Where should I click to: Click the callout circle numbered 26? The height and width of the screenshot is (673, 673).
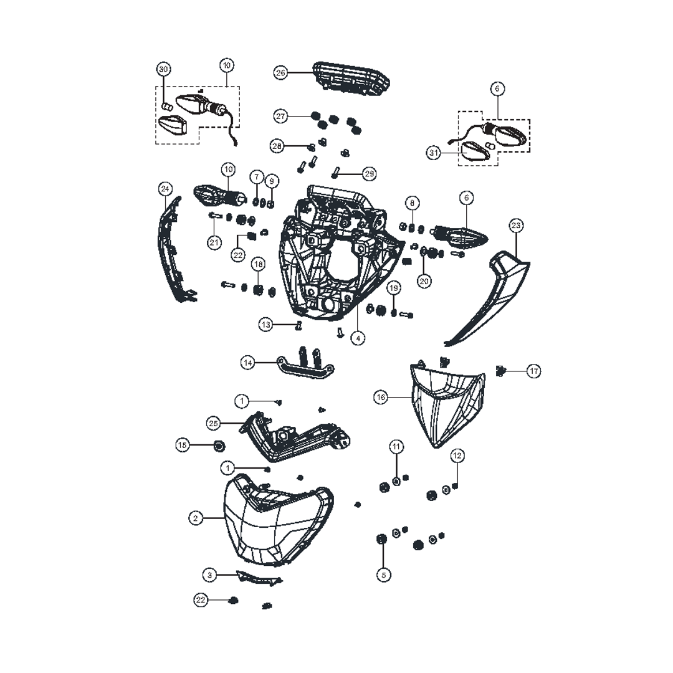280,73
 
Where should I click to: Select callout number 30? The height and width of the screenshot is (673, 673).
163,69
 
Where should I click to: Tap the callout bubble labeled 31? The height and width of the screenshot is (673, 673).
434,152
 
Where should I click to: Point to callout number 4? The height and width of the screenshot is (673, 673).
358,338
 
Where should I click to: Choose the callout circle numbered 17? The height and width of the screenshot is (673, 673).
534,371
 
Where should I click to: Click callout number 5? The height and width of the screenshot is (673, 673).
384,575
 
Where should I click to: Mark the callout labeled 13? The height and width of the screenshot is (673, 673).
267,325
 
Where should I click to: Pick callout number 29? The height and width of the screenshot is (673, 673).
370,173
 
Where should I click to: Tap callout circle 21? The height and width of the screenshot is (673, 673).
215,243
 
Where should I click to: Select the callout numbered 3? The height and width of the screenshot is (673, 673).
210,575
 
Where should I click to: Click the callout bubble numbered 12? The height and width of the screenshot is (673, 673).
457,456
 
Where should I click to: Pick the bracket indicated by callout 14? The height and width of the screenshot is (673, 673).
304,367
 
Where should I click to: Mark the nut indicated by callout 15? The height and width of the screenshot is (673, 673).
219,446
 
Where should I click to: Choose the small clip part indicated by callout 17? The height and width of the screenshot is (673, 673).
500,371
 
